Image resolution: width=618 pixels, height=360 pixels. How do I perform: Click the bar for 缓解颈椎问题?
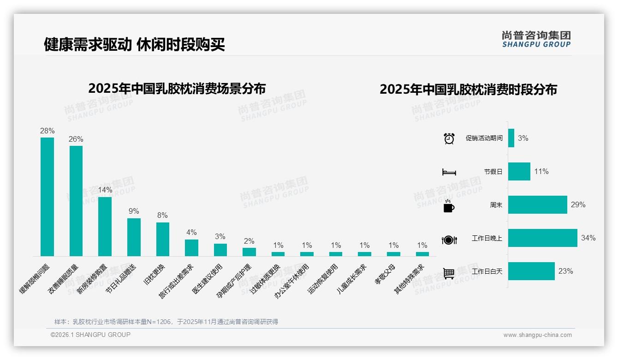[x=47, y=197]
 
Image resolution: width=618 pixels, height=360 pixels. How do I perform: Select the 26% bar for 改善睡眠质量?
[x=76, y=201]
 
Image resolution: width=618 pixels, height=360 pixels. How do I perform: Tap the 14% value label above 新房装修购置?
[x=105, y=190]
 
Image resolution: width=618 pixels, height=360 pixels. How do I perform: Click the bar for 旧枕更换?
[x=162, y=239]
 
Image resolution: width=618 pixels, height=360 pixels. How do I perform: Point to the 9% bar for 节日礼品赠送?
[x=134, y=237]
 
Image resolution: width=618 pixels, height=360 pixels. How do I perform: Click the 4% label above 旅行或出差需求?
[x=191, y=233]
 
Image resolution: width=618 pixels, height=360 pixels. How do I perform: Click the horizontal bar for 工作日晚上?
[x=542, y=238]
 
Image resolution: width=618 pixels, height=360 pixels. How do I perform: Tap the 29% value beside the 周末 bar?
[x=578, y=205]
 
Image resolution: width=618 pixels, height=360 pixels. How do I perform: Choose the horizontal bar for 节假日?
[x=519, y=172]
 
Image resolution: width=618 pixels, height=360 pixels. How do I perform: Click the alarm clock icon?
[x=449, y=138]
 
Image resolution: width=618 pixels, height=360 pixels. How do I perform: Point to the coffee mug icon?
[x=449, y=206]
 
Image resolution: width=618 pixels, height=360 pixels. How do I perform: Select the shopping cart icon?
[x=449, y=273]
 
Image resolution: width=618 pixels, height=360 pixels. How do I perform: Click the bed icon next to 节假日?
[x=449, y=172]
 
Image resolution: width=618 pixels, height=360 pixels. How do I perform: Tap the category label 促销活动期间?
[x=484, y=138]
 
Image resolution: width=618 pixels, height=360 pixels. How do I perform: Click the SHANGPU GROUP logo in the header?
[x=536, y=39]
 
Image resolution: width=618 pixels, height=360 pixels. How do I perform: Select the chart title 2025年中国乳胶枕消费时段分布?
[x=468, y=89]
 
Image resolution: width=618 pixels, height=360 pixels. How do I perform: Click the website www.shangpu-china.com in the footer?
[x=537, y=335]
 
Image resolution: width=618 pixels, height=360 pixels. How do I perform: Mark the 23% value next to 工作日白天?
[x=565, y=271]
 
